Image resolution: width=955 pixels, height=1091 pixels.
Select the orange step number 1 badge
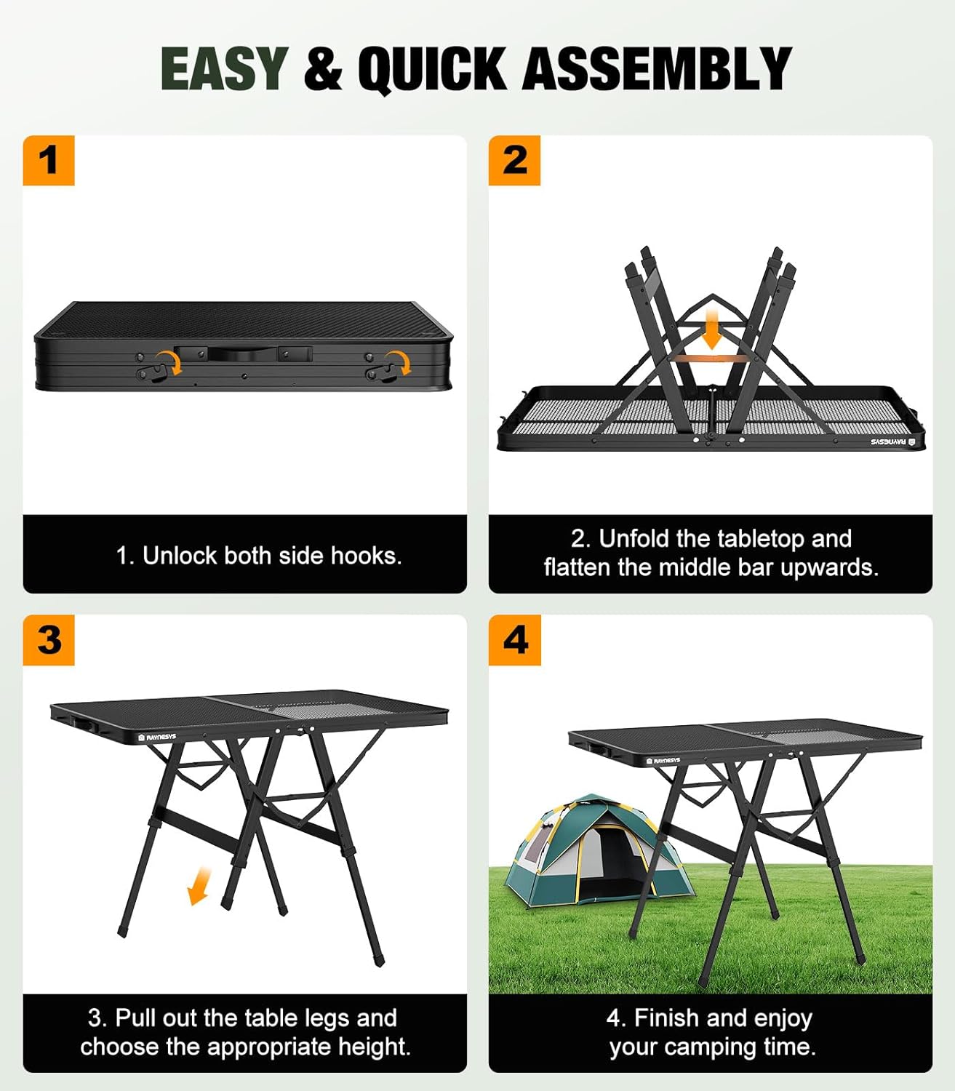click(49, 160)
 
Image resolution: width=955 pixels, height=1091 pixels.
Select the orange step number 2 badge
click(514, 160)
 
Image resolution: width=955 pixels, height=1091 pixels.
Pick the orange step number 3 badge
click(49, 640)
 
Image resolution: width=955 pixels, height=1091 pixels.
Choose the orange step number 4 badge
click(515, 640)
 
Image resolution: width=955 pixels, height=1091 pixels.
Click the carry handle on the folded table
click(243, 354)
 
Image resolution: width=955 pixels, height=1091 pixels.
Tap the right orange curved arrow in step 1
click(398, 361)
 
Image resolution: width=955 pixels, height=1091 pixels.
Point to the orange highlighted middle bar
click(712, 359)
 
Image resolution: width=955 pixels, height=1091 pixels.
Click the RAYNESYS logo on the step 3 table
click(156, 737)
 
